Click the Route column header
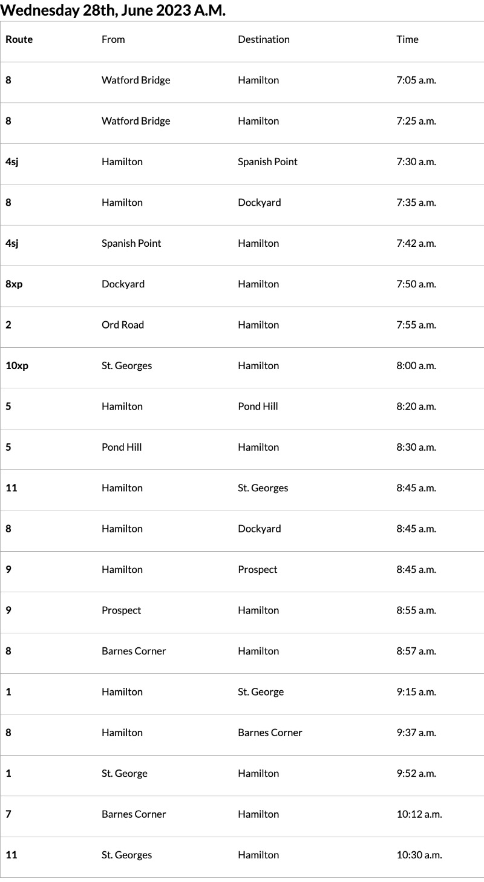[x=19, y=39]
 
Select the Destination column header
[x=264, y=39]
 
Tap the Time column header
[x=407, y=39]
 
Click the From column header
[x=113, y=39]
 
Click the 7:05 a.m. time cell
[x=416, y=80]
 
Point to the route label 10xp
[x=17, y=365]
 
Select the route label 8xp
[x=14, y=284]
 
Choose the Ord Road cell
[x=123, y=325]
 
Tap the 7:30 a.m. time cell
[x=416, y=162]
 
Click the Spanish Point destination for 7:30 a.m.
[x=267, y=162]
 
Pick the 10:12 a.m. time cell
[x=419, y=814]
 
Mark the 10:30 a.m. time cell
[x=419, y=855]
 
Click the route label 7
[x=8, y=814]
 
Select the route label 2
[x=8, y=325]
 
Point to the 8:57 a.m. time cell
[x=416, y=651]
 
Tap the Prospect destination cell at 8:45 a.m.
[x=258, y=569]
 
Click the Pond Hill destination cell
[x=258, y=407]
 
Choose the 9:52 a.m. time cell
[x=416, y=773]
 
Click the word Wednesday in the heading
[x=40, y=10]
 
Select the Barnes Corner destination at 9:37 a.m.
[x=270, y=733]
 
